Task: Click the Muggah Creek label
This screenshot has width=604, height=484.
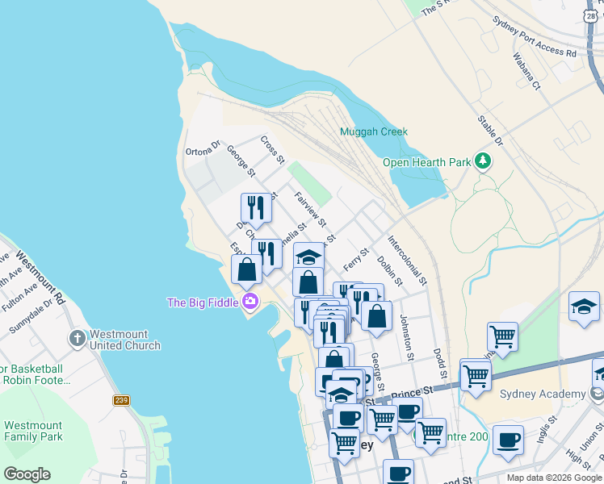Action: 374,131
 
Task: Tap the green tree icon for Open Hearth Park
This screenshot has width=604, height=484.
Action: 483,161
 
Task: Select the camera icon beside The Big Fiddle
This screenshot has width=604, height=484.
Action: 250,302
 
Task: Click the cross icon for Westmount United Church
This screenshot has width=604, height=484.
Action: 78,337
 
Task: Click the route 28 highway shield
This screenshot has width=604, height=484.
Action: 595,15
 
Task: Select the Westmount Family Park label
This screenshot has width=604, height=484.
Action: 32,431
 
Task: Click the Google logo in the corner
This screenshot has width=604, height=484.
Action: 26,474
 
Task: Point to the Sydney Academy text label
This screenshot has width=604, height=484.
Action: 542,394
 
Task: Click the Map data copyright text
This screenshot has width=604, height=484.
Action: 554,478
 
